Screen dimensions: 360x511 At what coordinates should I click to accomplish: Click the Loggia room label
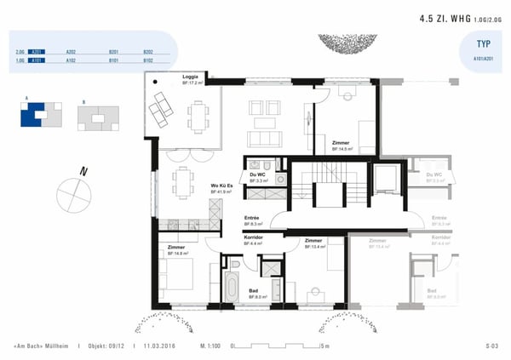(191, 77)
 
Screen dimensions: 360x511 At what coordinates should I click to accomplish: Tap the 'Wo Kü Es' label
(221, 185)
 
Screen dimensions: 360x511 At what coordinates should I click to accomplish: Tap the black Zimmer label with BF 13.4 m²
(313, 241)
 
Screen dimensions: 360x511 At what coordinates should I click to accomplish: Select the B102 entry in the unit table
(148, 61)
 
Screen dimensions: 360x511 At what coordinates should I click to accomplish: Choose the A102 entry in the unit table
(71, 61)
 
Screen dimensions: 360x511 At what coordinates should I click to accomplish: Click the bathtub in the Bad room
(232, 282)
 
